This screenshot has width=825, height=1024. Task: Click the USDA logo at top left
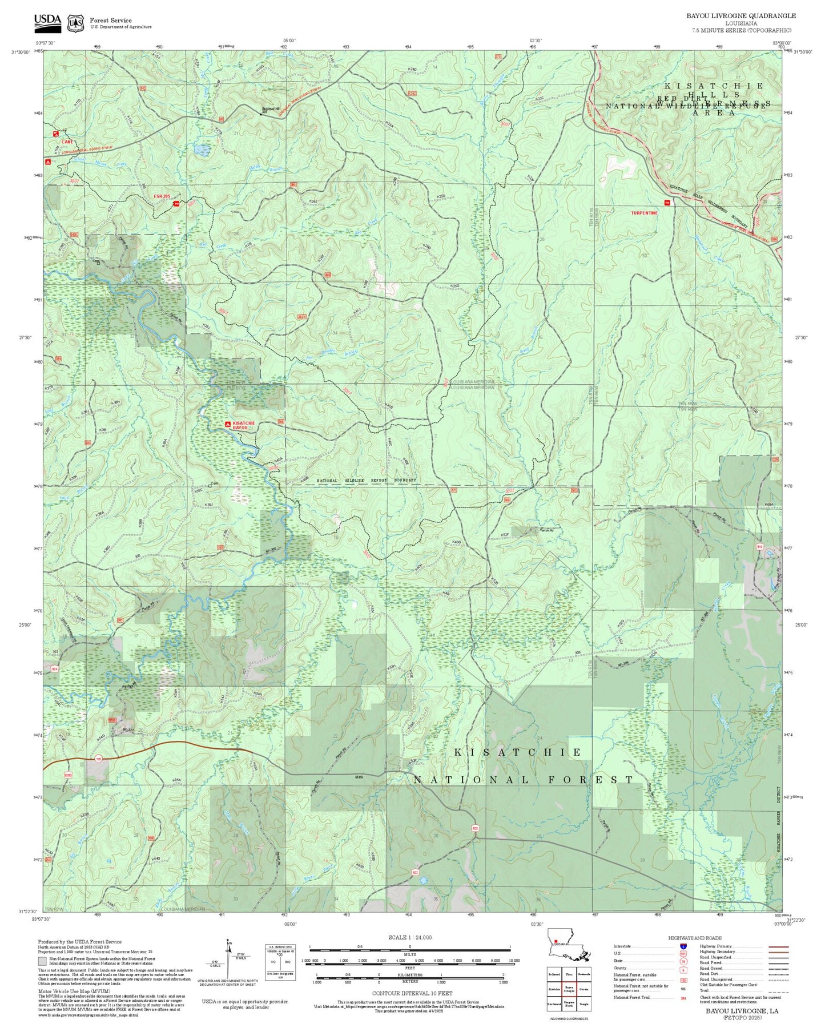click(47, 21)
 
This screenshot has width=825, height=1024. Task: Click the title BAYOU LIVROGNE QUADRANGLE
click(741, 16)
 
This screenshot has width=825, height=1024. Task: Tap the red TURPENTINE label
click(644, 213)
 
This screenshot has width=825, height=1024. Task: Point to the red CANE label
click(67, 142)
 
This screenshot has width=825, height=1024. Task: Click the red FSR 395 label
click(162, 196)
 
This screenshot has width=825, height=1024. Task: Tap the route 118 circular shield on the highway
click(99, 759)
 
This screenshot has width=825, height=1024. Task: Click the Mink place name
click(359, 776)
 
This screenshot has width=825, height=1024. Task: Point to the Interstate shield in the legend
click(683, 946)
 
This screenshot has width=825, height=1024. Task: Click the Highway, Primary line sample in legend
click(776, 946)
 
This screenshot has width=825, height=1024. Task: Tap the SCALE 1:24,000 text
click(409, 937)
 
